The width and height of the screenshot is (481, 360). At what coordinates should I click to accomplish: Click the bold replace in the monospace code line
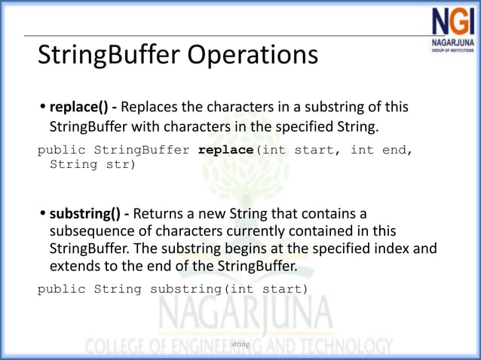[x=227, y=150]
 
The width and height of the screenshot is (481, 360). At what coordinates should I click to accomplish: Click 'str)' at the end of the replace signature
[x=121, y=163]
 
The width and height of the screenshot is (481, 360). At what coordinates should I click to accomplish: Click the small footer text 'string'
[x=240, y=343]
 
